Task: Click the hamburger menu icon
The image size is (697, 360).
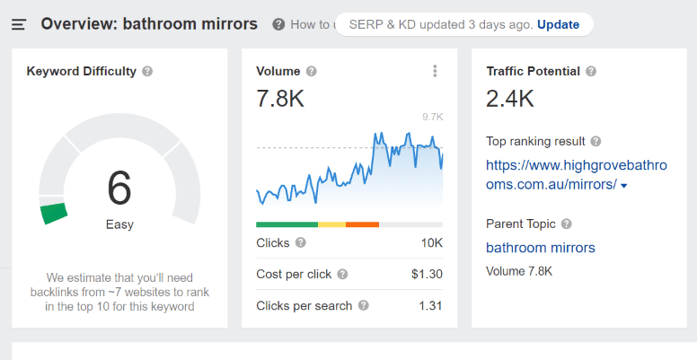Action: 19,24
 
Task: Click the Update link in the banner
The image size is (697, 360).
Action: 558,24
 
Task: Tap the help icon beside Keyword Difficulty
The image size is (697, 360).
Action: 147,71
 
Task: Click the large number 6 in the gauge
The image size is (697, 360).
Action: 119,188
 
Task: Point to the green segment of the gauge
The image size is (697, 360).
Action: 54,213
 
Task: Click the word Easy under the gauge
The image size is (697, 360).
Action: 119,224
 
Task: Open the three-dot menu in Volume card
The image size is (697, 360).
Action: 435,71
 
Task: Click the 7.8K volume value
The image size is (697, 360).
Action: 280,99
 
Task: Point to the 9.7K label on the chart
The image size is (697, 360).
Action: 433,117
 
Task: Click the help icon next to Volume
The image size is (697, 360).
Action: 311,71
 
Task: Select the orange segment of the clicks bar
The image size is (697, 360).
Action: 362,224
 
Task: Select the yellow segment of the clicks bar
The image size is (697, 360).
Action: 331,224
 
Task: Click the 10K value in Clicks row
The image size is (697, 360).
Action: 432,242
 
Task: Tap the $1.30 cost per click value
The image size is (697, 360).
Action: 427,274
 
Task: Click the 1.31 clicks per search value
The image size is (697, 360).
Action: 430,305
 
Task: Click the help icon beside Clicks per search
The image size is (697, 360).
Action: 364,305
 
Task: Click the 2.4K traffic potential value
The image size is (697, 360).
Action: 510,99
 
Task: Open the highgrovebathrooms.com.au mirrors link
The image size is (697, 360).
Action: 551,174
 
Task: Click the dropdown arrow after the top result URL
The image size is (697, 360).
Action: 624,186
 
